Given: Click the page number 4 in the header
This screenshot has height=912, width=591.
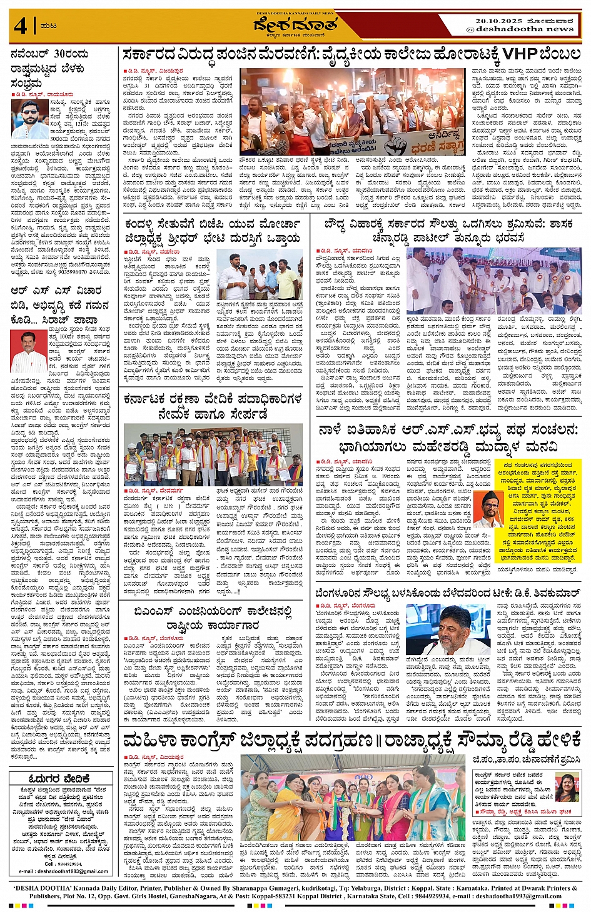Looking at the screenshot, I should point(21,26).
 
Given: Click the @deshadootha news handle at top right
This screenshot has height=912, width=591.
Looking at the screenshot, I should point(519,29).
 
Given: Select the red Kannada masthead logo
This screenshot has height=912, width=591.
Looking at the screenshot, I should point(295,25).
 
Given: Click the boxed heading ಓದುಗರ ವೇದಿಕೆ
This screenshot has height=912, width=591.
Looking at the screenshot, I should point(60,778).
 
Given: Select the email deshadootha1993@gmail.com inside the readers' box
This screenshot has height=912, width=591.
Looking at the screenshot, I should point(63,871).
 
